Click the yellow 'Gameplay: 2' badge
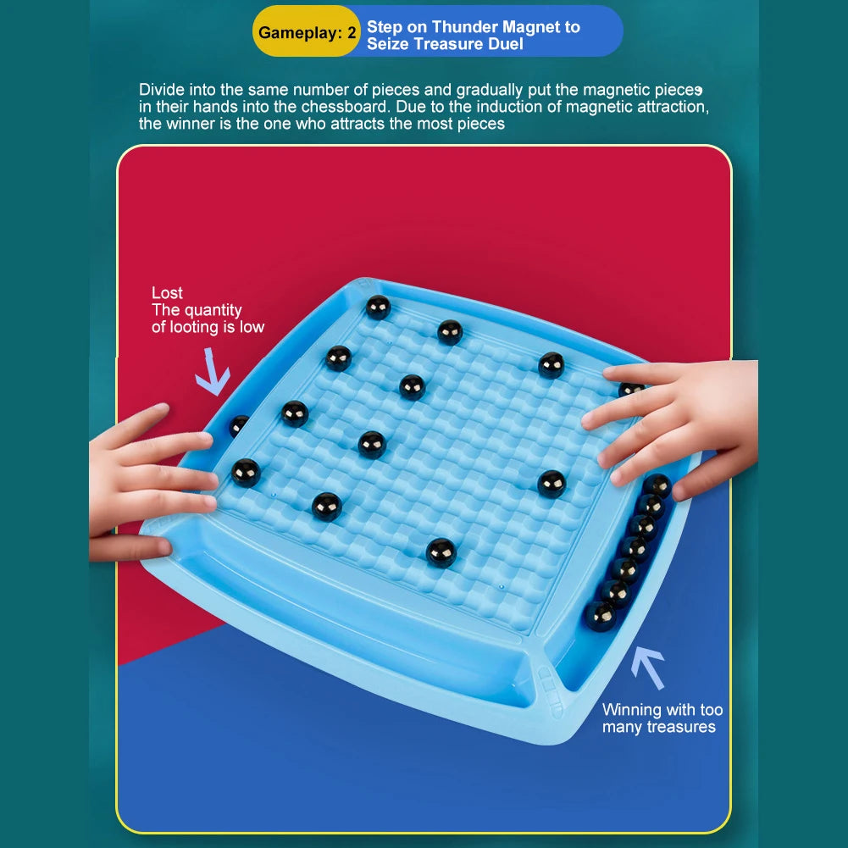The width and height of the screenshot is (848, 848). pos(306,32)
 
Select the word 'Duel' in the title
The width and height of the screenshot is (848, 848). pos(506,44)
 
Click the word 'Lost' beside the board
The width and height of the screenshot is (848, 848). pos(167,293)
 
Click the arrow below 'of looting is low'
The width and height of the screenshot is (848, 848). pos(213,372)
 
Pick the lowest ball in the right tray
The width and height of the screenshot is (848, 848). pos(599,617)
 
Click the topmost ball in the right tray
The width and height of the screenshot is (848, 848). pos(657,485)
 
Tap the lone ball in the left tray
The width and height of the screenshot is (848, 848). pos(239,425)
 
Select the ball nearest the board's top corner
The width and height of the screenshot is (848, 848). pos(378,308)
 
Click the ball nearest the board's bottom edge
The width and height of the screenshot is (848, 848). pos(441,553)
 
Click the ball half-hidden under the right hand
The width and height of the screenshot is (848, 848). pos(630,388)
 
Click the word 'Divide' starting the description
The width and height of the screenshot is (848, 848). pos(162,90)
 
